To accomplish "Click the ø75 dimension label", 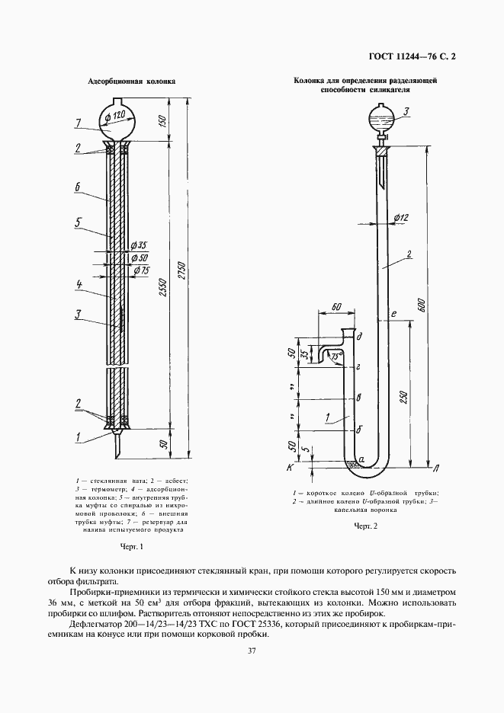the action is click(x=141, y=270).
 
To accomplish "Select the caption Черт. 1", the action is click(x=132, y=546).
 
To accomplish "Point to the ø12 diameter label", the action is click(x=401, y=219).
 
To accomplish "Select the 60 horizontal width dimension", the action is click(x=338, y=308).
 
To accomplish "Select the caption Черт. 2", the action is click(x=365, y=526).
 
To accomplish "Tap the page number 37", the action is click(x=252, y=650).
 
